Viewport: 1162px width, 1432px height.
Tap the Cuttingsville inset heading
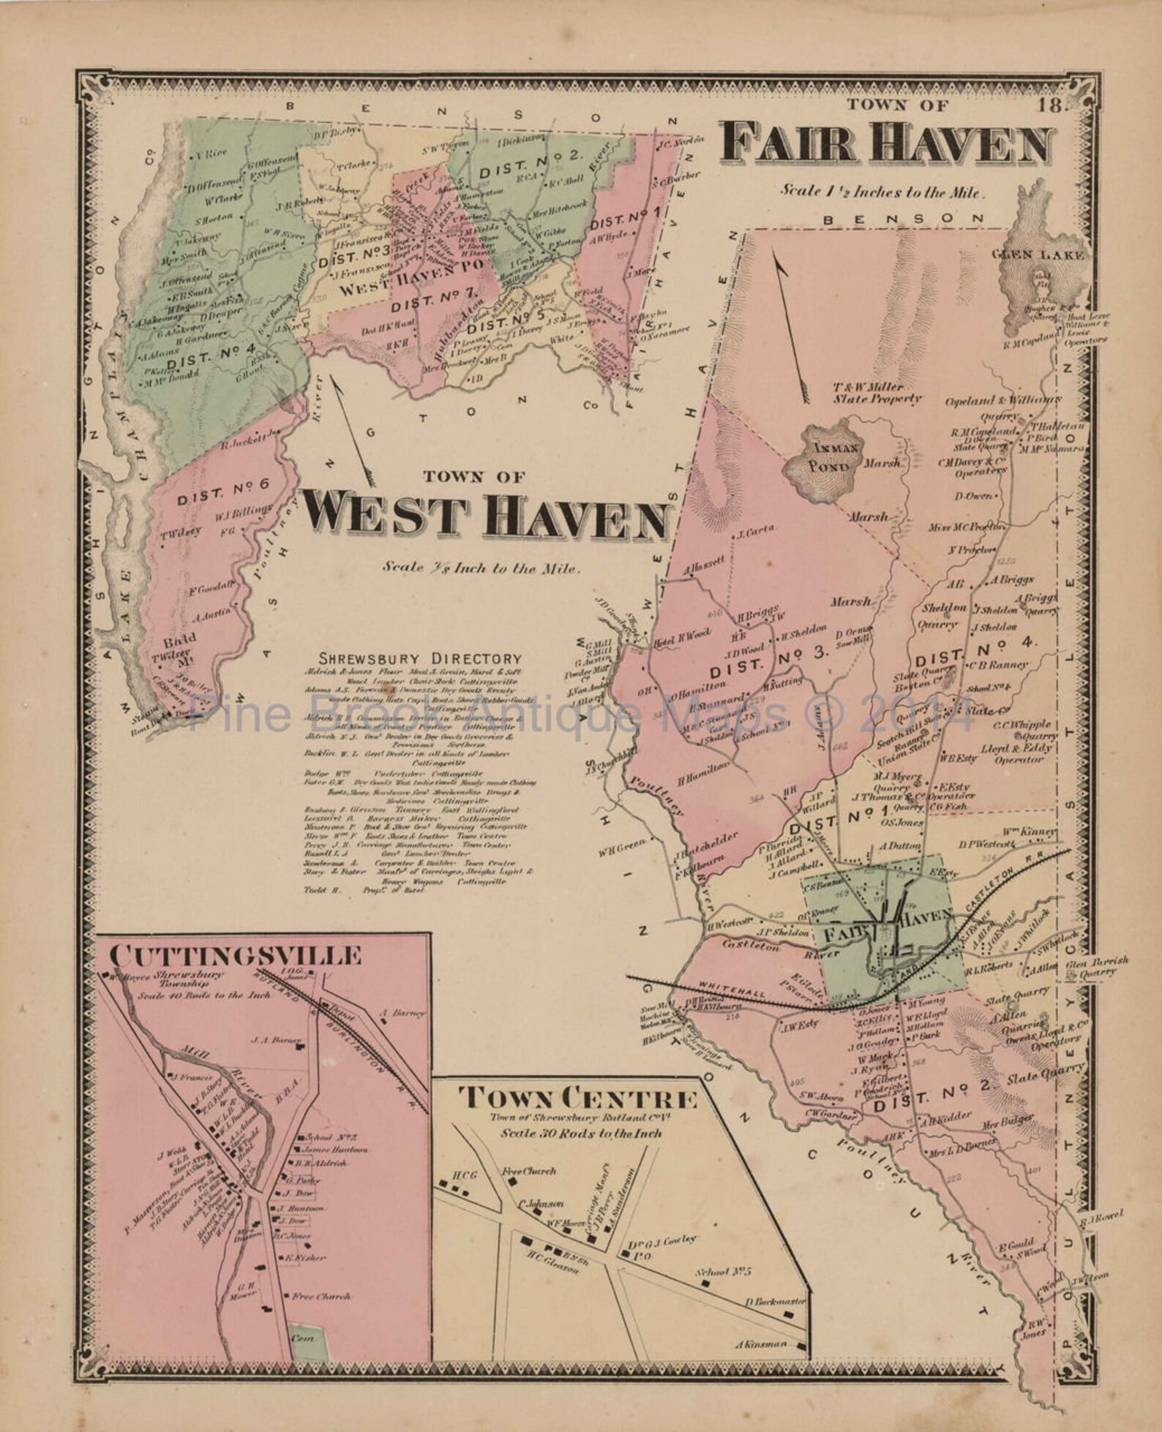click(x=236, y=956)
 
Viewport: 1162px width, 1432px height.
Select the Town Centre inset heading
click(x=577, y=1099)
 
